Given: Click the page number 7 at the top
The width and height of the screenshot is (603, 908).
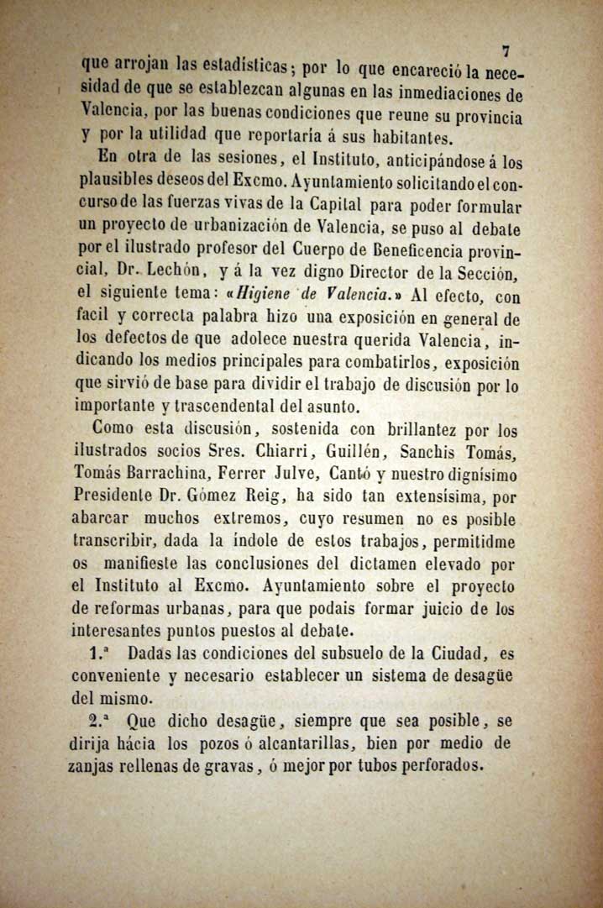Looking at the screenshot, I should point(505,52).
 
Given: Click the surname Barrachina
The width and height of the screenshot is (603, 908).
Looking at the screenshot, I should point(178,475).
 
